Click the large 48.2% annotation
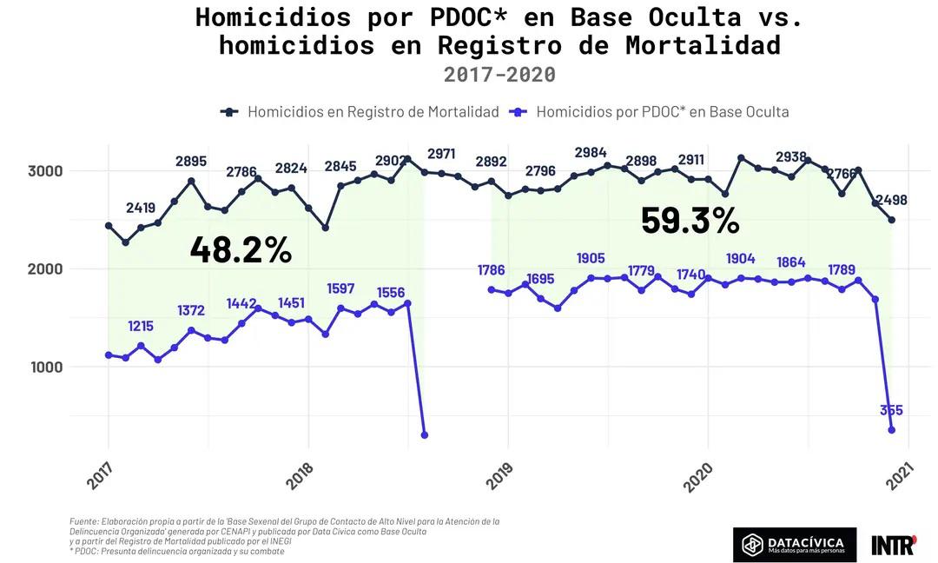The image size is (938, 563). pyautogui.click(x=241, y=250)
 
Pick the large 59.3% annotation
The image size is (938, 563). pyautogui.click(x=690, y=221)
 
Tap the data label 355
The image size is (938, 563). pyautogui.click(x=890, y=410)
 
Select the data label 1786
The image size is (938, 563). pyautogui.click(x=491, y=270)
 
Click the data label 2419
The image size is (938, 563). pyautogui.click(x=141, y=208)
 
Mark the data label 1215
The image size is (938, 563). pyautogui.click(x=141, y=327)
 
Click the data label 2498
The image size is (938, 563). pyautogui.click(x=891, y=200)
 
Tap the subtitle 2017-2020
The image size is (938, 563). pyautogui.click(x=499, y=74)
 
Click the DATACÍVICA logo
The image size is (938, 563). pyautogui.click(x=794, y=545)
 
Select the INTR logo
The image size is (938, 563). pyautogui.click(x=893, y=545)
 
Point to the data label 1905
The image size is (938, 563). pyautogui.click(x=591, y=258)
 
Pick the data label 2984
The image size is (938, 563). pyautogui.click(x=591, y=153)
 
